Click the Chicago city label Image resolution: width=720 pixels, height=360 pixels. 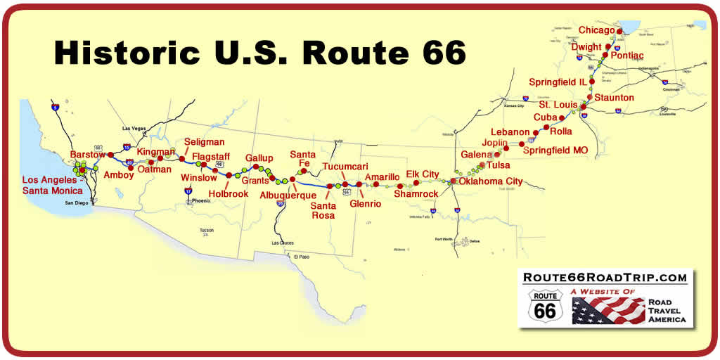(596, 30)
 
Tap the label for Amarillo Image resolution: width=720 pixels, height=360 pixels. (382, 176)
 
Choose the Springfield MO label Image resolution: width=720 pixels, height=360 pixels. (556, 150)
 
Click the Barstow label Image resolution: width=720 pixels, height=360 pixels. (87, 154)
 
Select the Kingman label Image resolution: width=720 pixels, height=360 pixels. (155, 152)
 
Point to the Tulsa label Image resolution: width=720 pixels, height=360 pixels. (498, 165)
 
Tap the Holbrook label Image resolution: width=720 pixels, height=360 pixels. (229, 193)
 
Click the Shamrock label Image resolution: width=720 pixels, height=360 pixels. (416, 193)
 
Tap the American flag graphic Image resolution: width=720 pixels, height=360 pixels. (608, 310)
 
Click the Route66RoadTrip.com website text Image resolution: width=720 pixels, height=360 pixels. (605, 278)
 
